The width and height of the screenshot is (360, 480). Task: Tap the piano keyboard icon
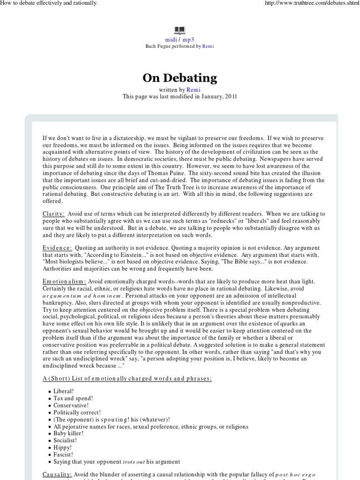click(180, 31)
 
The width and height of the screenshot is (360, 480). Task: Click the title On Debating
click(180, 77)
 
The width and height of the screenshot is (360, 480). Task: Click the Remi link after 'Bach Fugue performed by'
click(208, 46)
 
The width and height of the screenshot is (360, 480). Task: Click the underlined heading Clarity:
click(54, 213)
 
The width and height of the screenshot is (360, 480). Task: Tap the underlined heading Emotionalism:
click(64, 281)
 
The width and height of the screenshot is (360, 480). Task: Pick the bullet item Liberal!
click(65, 390)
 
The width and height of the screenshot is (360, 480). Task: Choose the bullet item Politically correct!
click(77, 412)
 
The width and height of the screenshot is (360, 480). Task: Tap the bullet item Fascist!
click(63, 455)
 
